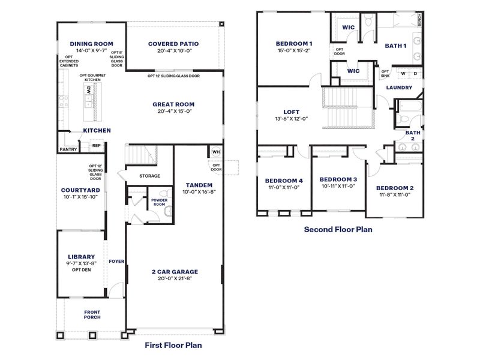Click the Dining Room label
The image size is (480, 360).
tap(91, 44)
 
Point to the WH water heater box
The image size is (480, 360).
tap(216, 152)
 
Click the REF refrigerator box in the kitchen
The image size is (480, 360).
tap(96, 145)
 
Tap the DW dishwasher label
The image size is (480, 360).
tap(88, 90)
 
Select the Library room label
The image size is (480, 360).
tap(81, 256)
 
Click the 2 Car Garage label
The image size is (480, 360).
tap(175, 271)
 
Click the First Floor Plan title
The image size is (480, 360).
tap(174, 345)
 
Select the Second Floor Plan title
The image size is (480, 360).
tap(338, 229)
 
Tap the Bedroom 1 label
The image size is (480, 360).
tap(294, 44)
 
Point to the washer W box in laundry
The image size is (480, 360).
tap(403, 74)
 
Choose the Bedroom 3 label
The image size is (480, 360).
tap(338, 179)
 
